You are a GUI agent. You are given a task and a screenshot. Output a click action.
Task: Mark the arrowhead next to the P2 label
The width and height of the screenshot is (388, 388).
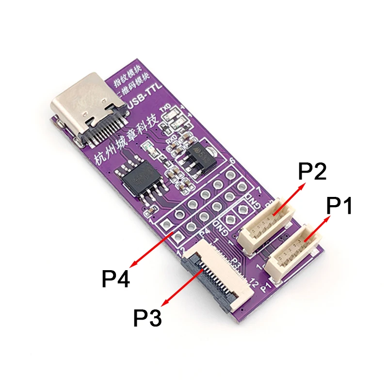click(302, 185)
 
